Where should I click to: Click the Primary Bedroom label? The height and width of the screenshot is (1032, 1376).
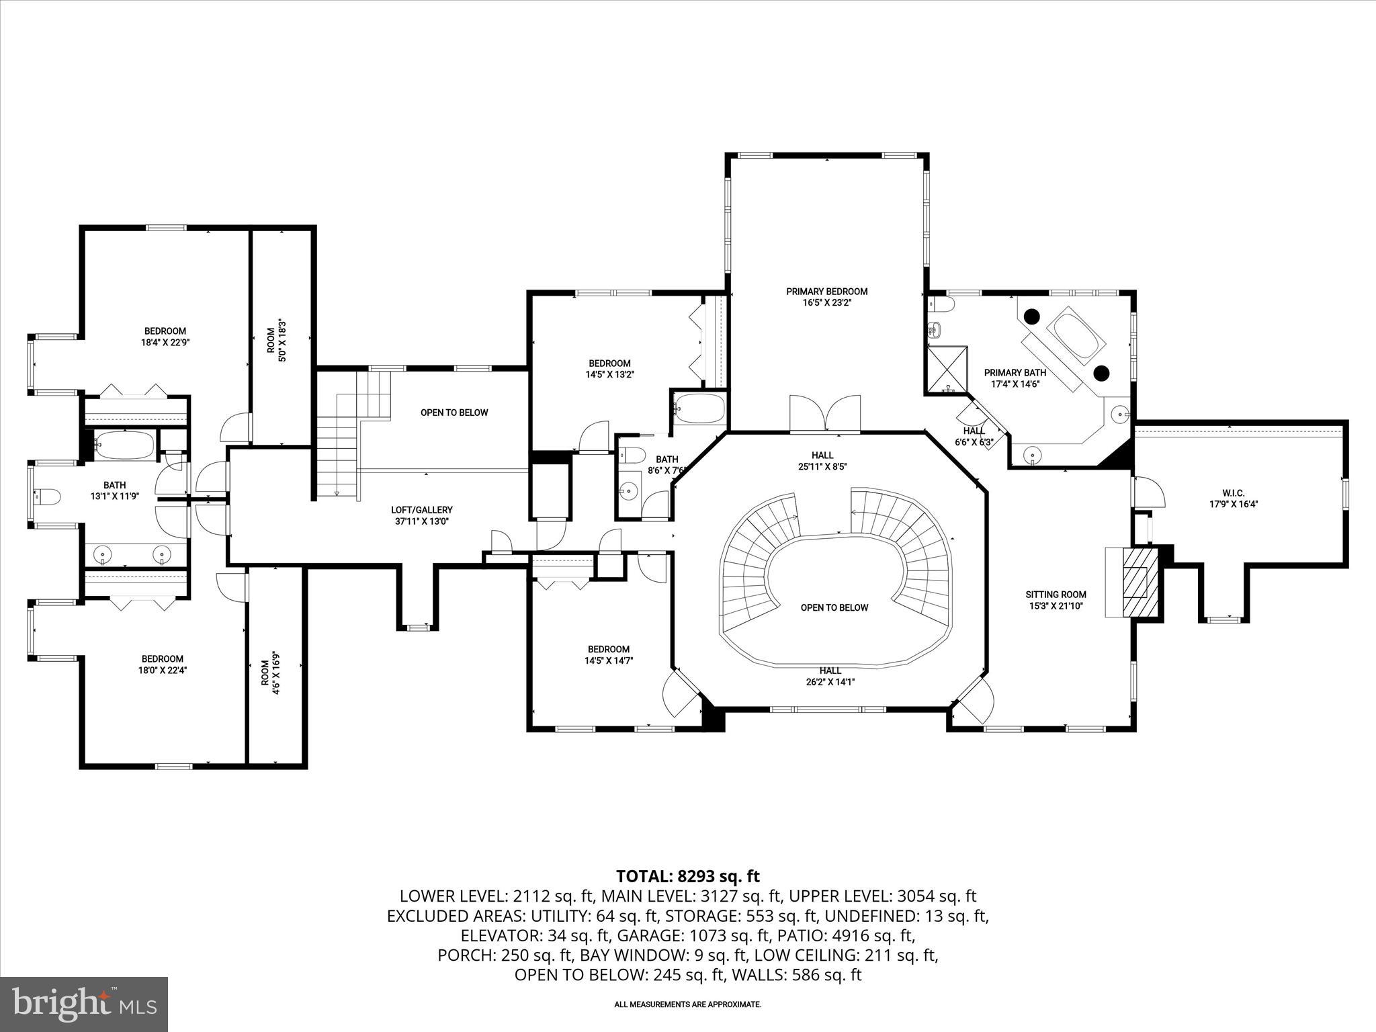826,292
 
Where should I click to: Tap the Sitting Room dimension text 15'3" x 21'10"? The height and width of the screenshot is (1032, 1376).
1056,606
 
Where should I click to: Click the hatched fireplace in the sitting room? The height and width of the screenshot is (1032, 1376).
1137,582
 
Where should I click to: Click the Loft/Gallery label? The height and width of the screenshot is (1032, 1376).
422,510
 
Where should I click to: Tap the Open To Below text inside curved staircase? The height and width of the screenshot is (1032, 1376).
834,607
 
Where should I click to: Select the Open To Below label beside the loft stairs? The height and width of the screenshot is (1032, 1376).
454,413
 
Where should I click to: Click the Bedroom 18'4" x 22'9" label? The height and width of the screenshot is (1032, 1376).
165,331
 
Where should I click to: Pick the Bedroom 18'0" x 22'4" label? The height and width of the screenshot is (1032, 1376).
162,659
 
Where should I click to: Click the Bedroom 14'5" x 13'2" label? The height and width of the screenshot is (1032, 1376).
609,363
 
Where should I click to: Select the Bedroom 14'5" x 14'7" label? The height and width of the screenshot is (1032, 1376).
608,649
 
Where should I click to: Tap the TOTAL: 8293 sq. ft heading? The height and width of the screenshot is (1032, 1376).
687,876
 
